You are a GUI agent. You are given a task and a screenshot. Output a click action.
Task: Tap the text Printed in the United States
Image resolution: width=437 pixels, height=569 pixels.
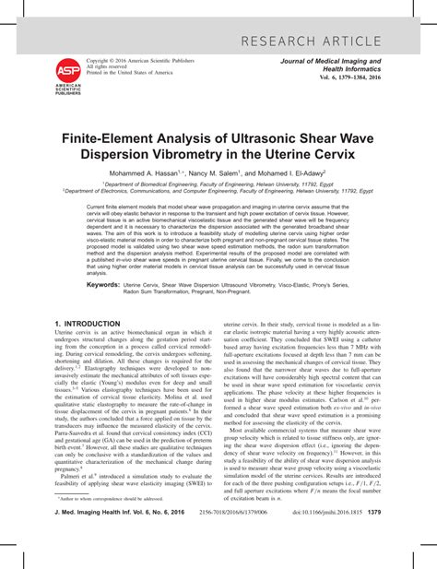click(x=129, y=72)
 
